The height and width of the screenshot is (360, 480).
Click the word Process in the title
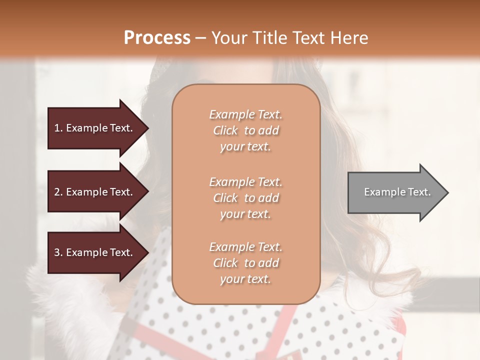click(157, 38)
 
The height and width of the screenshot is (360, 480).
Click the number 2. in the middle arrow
click(58, 192)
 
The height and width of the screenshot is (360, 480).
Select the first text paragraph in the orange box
click(245, 130)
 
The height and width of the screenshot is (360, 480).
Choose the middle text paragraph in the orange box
click(245, 198)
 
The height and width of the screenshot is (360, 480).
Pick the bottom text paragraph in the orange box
click(245, 263)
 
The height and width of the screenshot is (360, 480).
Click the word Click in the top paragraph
click(225, 130)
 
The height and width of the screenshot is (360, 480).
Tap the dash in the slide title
click(200, 38)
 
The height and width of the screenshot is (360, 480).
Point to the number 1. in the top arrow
click(58, 128)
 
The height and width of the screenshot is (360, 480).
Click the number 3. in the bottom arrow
click(58, 252)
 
